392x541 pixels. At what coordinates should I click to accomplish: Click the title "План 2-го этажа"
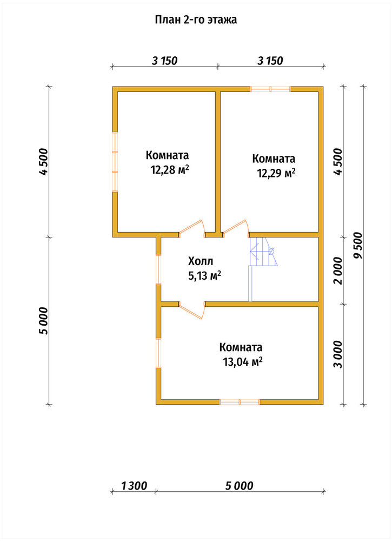[196, 20]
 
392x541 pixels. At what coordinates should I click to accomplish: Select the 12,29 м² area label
[276, 173]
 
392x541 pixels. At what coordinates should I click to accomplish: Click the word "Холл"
[200, 261]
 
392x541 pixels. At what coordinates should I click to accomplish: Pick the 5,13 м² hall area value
[204, 276]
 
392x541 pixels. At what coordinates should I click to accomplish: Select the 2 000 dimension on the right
[338, 270]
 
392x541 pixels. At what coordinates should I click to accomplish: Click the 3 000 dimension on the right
[338, 354]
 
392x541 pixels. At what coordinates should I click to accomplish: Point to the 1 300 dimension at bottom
[134, 486]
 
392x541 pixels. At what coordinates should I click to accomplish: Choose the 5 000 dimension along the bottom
[240, 486]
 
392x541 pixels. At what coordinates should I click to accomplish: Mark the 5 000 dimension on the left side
[44, 320]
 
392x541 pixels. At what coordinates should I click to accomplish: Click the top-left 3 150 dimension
[164, 61]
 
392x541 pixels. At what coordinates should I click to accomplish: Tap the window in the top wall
[271, 89]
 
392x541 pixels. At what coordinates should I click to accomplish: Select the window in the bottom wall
[240, 401]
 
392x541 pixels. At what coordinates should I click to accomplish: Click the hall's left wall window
[158, 269]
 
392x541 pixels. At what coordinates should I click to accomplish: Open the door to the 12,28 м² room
[192, 228]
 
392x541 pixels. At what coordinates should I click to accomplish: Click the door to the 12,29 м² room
[236, 228]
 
